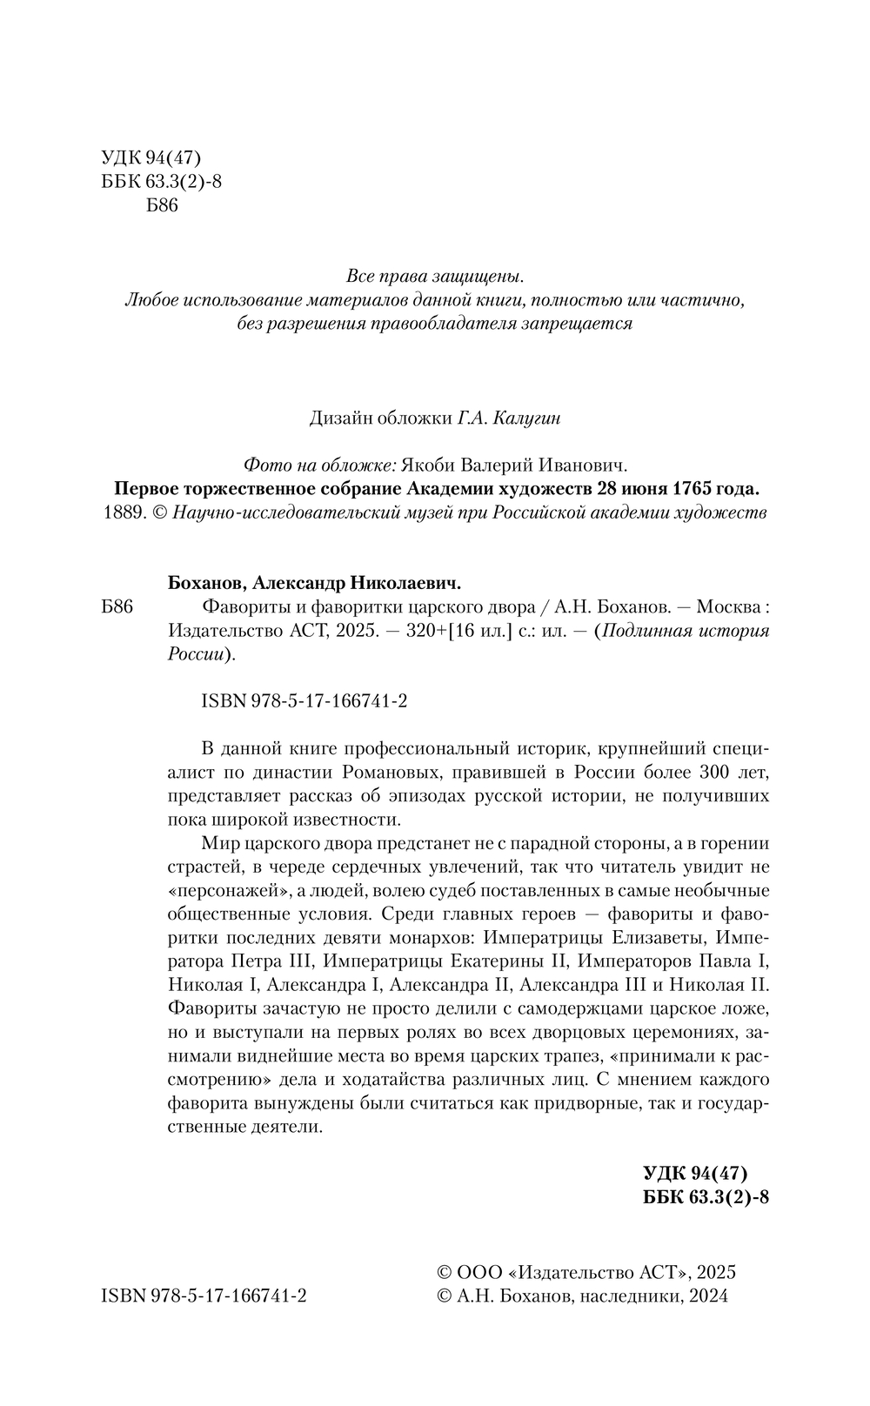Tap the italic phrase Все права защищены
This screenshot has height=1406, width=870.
(435, 278)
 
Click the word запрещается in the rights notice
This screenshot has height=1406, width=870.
(579, 324)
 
